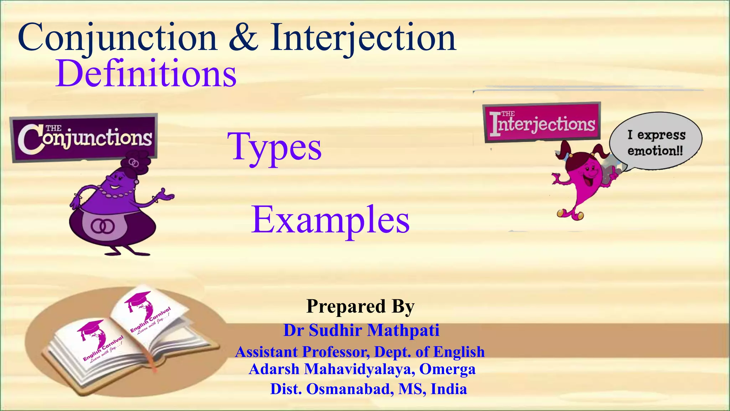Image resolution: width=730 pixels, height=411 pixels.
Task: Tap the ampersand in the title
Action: [243, 37]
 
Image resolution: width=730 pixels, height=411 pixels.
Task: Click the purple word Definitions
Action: [146, 74]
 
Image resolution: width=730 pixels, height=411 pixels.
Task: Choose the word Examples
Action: [330, 220]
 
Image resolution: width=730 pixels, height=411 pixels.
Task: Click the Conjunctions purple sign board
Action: [84, 138]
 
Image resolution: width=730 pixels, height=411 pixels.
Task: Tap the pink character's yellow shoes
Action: [570, 214]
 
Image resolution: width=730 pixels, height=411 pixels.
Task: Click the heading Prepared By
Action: [360, 306]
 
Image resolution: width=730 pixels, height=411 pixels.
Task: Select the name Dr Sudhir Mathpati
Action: [361, 330]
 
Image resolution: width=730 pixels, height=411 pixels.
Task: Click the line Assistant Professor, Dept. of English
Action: [360, 352]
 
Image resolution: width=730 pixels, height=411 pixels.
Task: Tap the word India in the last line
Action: [449, 389]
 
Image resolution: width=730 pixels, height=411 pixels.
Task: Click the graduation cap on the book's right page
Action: [137, 298]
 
